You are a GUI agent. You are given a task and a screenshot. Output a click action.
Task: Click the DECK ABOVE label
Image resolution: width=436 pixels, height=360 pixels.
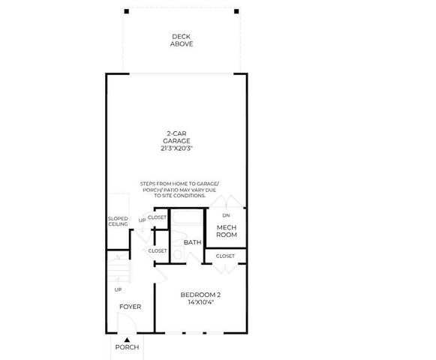coord(182,40)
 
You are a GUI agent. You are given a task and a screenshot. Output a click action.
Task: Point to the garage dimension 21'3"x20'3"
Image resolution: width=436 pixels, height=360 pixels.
coord(177,148)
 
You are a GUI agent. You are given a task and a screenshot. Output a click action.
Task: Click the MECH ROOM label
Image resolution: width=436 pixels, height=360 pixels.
coord(227,231)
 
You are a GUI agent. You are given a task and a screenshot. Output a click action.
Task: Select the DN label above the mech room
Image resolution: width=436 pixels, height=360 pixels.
coord(227,216)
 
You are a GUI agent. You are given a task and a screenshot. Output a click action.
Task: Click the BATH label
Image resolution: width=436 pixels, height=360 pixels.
coord(192,242)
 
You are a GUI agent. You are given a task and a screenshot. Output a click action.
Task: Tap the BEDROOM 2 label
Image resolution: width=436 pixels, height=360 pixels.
coord(200,295)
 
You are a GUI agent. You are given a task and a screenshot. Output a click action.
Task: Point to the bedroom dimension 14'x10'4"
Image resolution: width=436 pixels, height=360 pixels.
coord(200,303)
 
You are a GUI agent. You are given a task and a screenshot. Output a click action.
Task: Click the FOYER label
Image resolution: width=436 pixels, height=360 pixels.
coord(130,307)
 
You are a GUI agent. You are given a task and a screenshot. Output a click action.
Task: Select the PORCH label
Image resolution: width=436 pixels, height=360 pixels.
coord(127,348)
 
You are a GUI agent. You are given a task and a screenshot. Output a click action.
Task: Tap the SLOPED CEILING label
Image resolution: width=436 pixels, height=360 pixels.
coord(118,221)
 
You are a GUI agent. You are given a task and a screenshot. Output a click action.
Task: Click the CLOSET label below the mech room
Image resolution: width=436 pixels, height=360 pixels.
coord(225,256)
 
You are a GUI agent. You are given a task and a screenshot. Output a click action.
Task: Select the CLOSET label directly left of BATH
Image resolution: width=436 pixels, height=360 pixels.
coord(158,250)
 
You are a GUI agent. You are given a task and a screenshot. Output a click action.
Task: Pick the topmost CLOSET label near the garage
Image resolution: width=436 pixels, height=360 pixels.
coord(158,217)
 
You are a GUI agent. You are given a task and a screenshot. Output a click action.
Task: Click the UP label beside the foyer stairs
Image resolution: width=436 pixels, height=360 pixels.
coord(118,289)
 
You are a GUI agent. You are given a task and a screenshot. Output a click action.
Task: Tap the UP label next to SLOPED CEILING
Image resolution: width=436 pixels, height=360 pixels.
coord(142,220)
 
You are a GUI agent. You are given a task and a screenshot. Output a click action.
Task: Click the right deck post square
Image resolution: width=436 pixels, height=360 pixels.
coord(235,12)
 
